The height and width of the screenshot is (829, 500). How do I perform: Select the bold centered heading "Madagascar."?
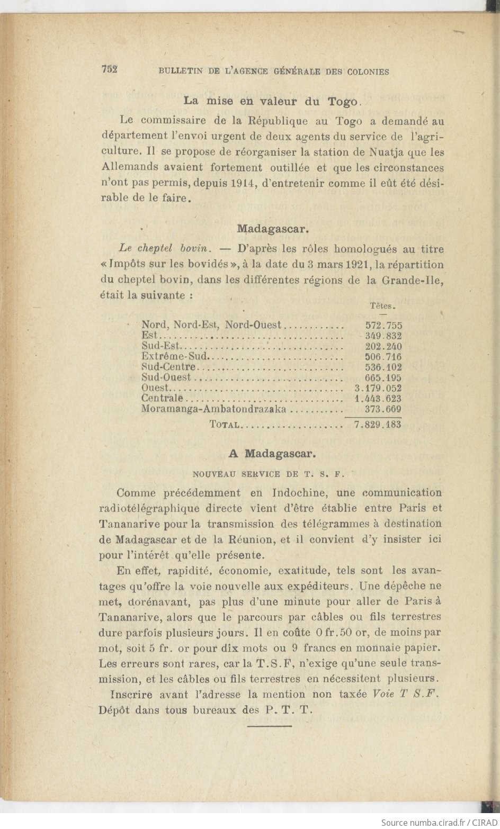(x=273, y=229)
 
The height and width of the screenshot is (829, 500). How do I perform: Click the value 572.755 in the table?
(x=383, y=326)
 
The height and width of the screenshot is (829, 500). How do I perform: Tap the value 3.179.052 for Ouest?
(x=378, y=388)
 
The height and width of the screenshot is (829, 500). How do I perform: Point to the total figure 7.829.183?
(x=377, y=425)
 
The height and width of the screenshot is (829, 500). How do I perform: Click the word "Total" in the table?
(x=226, y=425)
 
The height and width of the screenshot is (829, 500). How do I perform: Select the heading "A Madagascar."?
(x=272, y=454)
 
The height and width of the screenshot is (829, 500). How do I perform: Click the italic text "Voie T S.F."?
(x=406, y=695)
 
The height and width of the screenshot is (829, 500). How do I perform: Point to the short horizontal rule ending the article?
(x=270, y=726)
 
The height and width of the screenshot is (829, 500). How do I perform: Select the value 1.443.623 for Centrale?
(x=378, y=399)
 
